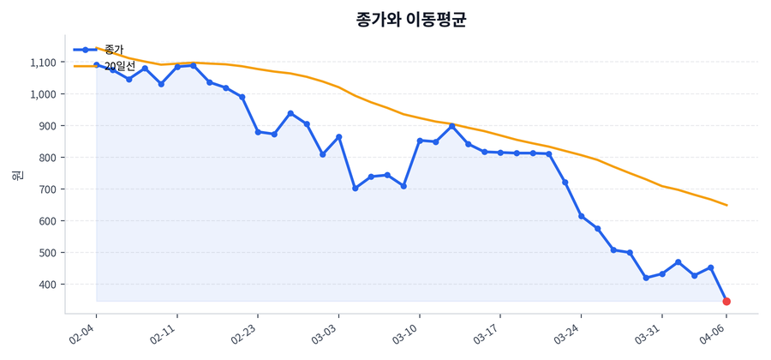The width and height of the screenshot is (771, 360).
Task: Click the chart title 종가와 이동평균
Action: pyautogui.click(x=411, y=20)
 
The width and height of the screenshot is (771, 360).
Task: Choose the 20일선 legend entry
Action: pyautogui.click(x=119, y=65)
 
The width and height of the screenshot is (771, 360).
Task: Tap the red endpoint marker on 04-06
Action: pyautogui.click(x=726, y=302)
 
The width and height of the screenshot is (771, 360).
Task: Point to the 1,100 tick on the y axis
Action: pyautogui.click(x=42, y=63)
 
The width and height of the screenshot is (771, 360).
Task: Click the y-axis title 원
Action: pyautogui.click(x=17, y=175)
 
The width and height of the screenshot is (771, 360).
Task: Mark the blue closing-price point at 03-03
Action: pyautogui.click(x=338, y=137)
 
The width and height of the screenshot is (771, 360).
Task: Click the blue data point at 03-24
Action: pyautogui.click(x=581, y=216)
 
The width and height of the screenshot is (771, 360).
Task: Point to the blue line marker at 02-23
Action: pyautogui.click(x=258, y=132)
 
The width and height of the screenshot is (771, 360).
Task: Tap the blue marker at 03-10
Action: pyautogui.click(x=420, y=141)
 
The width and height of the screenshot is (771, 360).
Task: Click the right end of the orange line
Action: pyautogui.click(x=726, y=205)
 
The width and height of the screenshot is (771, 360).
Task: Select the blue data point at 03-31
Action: pyautogui.click(x=662, y=273)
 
